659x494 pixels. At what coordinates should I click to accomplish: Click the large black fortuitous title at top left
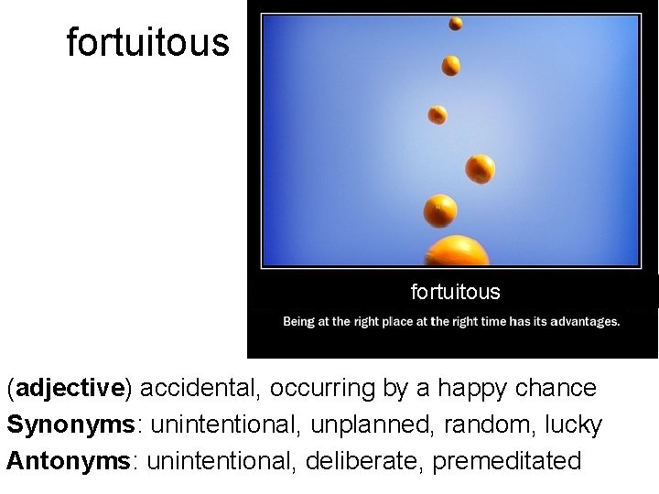pyautogui.click(x=147, y=43)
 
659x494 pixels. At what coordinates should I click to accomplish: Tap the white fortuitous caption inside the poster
pyautogui.click(x=455, y=292)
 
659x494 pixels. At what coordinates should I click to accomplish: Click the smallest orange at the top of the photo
pyautogui.click(x=455, y=24)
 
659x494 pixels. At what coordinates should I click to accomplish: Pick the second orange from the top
pyautogui.click(x=451, y=65)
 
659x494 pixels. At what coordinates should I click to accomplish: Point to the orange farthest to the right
pyautogui.click(x=480, y=168)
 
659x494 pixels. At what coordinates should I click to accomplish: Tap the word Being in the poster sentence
pyautogui.click(x=299, y=321)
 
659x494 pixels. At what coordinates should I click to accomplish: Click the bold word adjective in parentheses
pyautogui.click(x=70, y=389)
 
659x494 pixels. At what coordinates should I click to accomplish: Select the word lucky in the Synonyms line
pyautogui.click(x=573, y=425)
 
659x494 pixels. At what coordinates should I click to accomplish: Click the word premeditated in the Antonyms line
pyautogui.click(x=507, y=461)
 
